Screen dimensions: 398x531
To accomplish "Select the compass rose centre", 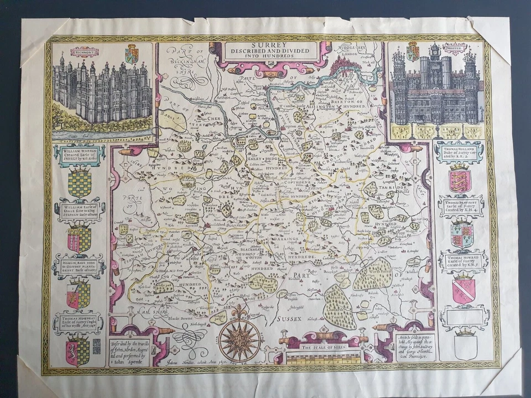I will pos(239,337).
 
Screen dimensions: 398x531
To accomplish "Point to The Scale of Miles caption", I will pos(322,348).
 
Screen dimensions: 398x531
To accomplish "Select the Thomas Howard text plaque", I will pos(463,261).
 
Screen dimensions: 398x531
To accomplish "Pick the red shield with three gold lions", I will pos(460,181).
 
